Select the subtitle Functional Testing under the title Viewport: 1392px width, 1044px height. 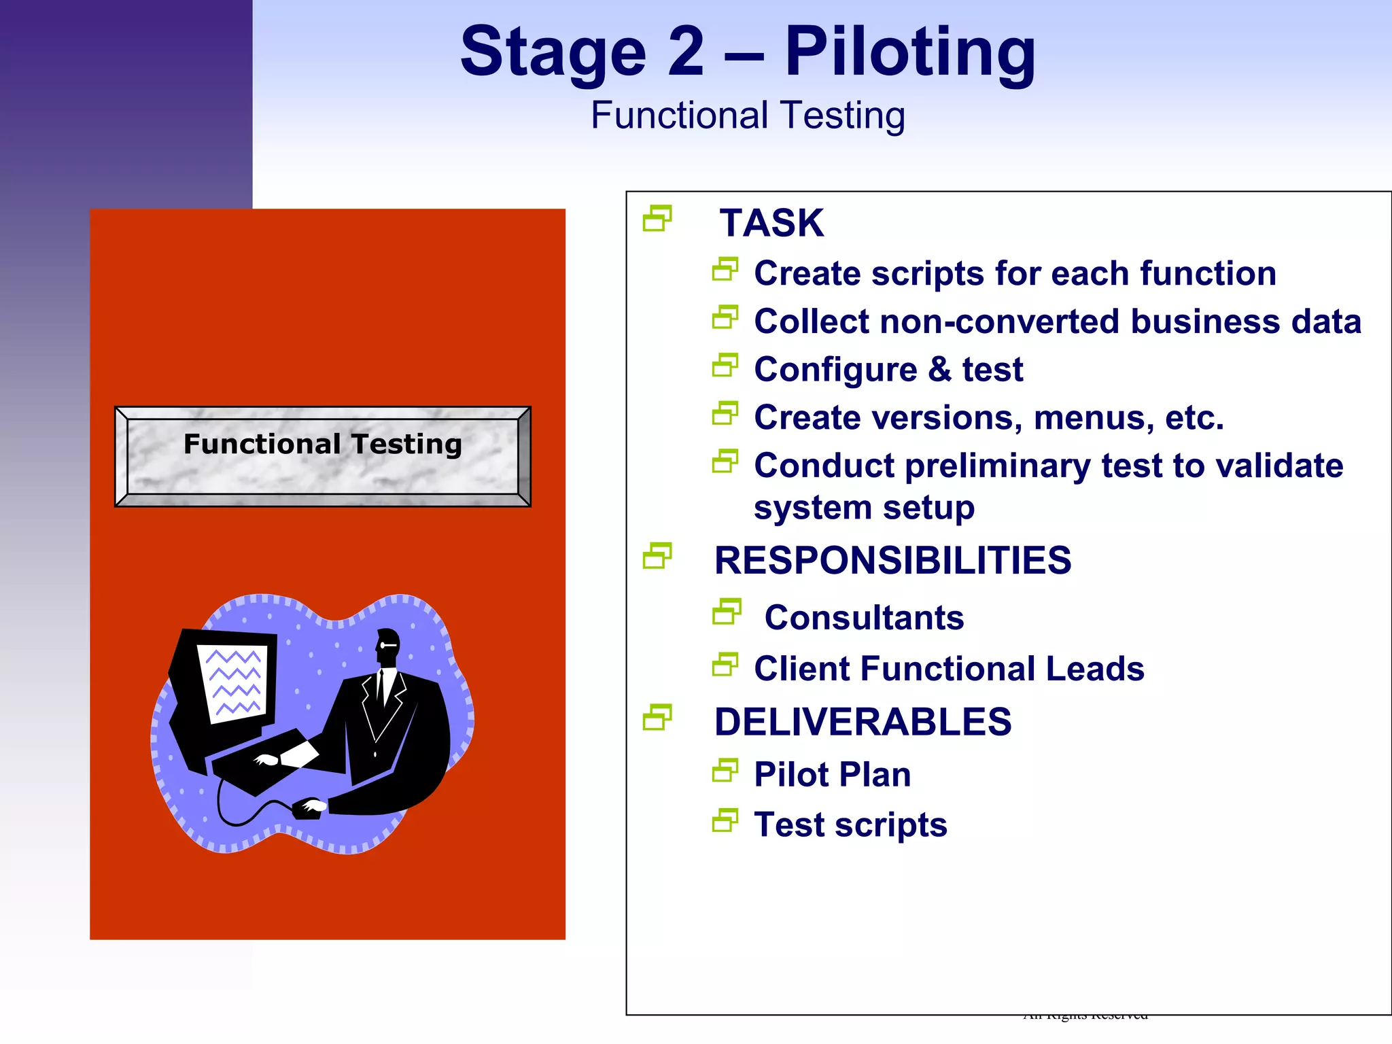[x=748, y=116]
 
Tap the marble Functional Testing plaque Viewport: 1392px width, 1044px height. [x=323, y=456]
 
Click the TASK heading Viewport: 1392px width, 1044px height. [x=771, y=223]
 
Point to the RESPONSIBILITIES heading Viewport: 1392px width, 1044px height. [x=892, y=561]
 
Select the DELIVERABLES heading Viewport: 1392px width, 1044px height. [x=863, y=722]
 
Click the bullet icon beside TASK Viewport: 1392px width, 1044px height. [x=657, y=218]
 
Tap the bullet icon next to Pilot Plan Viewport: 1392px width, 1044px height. [x=725, y=771]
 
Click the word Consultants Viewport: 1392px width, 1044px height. [x=864, y=618]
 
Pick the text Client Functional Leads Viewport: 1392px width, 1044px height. [x=949, y=669]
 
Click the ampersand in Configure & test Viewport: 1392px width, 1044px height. [x=939, y=370]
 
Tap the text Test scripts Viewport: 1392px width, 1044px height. [x=850, y=825]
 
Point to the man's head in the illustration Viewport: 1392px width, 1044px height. [x=388, y=646]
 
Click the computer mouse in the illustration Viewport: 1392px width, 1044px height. [x=309, y=808]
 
